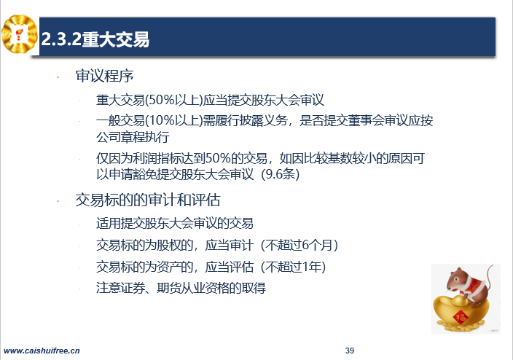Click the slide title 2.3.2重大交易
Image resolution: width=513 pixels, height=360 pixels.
pyautogui.click(x=95, y=39)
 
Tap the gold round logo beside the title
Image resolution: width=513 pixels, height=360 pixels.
pyautogui.click(x=19, y=34)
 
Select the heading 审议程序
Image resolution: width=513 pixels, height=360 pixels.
pyautogui.click(x=104, y=76)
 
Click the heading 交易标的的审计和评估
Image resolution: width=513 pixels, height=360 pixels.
pyautogui.click(x=147, y=200)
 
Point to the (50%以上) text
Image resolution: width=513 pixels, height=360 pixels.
pyautogui.click(x=173, y=100)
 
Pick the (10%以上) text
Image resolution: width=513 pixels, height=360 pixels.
pyautogui.click(x=173, y=121)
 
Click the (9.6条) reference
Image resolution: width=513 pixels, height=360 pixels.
pyautogui.click(x=281, y=173)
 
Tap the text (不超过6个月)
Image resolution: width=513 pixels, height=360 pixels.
pyautogui.click(x=299, y=245)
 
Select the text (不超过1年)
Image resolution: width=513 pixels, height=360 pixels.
pyautogui.click(x=294, y=267)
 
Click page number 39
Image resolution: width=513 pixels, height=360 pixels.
pyautogui.click(x=350, y=351)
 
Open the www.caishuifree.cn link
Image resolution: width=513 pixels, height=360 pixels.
pyautogui.click(x=42, y=351)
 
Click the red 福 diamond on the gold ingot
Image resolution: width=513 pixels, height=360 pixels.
pyautogui.click(x=461, y=316)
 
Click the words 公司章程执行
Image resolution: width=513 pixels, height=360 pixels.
pyautogui.click(x=133, y=137)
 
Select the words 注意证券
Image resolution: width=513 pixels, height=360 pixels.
pyautogui.click(x=120, y=288)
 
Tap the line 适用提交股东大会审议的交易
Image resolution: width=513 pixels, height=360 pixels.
pyautogui.click(x=175, y=224)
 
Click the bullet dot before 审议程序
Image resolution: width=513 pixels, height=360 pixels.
pyautogui.click(x=58, y=77)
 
